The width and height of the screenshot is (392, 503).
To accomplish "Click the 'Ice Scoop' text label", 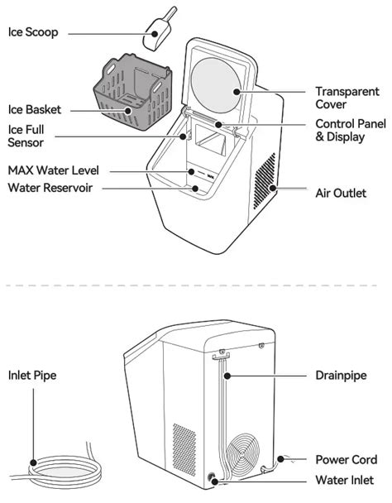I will [34, 33].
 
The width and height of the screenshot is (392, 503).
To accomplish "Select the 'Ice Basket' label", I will [35, 109].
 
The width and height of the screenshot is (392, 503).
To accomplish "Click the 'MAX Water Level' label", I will [53, 170].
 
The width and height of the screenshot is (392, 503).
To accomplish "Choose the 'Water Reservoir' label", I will [50, 188].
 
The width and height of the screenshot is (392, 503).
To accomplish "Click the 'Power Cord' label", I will [347, 459].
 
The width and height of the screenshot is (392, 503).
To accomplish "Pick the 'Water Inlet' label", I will [346, 480].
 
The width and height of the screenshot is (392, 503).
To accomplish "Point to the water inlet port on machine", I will [213, 479].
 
